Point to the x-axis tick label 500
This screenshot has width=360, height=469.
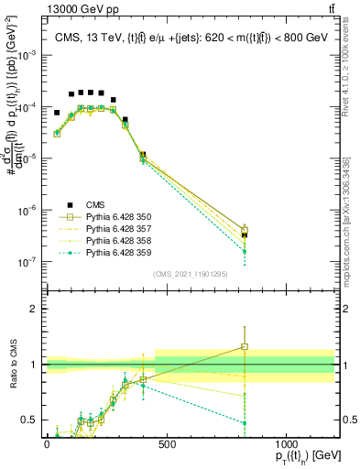pyautogui.click(x=167, y=444)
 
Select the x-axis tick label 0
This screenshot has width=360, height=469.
pyautogui.click(x=47, y=444)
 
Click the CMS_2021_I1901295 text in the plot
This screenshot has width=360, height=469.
pyautogui.click(x=191, y=274)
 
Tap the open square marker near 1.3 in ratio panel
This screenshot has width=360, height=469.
pyautogui.click(x=245, y=346)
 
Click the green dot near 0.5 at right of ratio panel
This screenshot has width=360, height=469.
pyautogui.click(x=245, y=422)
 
